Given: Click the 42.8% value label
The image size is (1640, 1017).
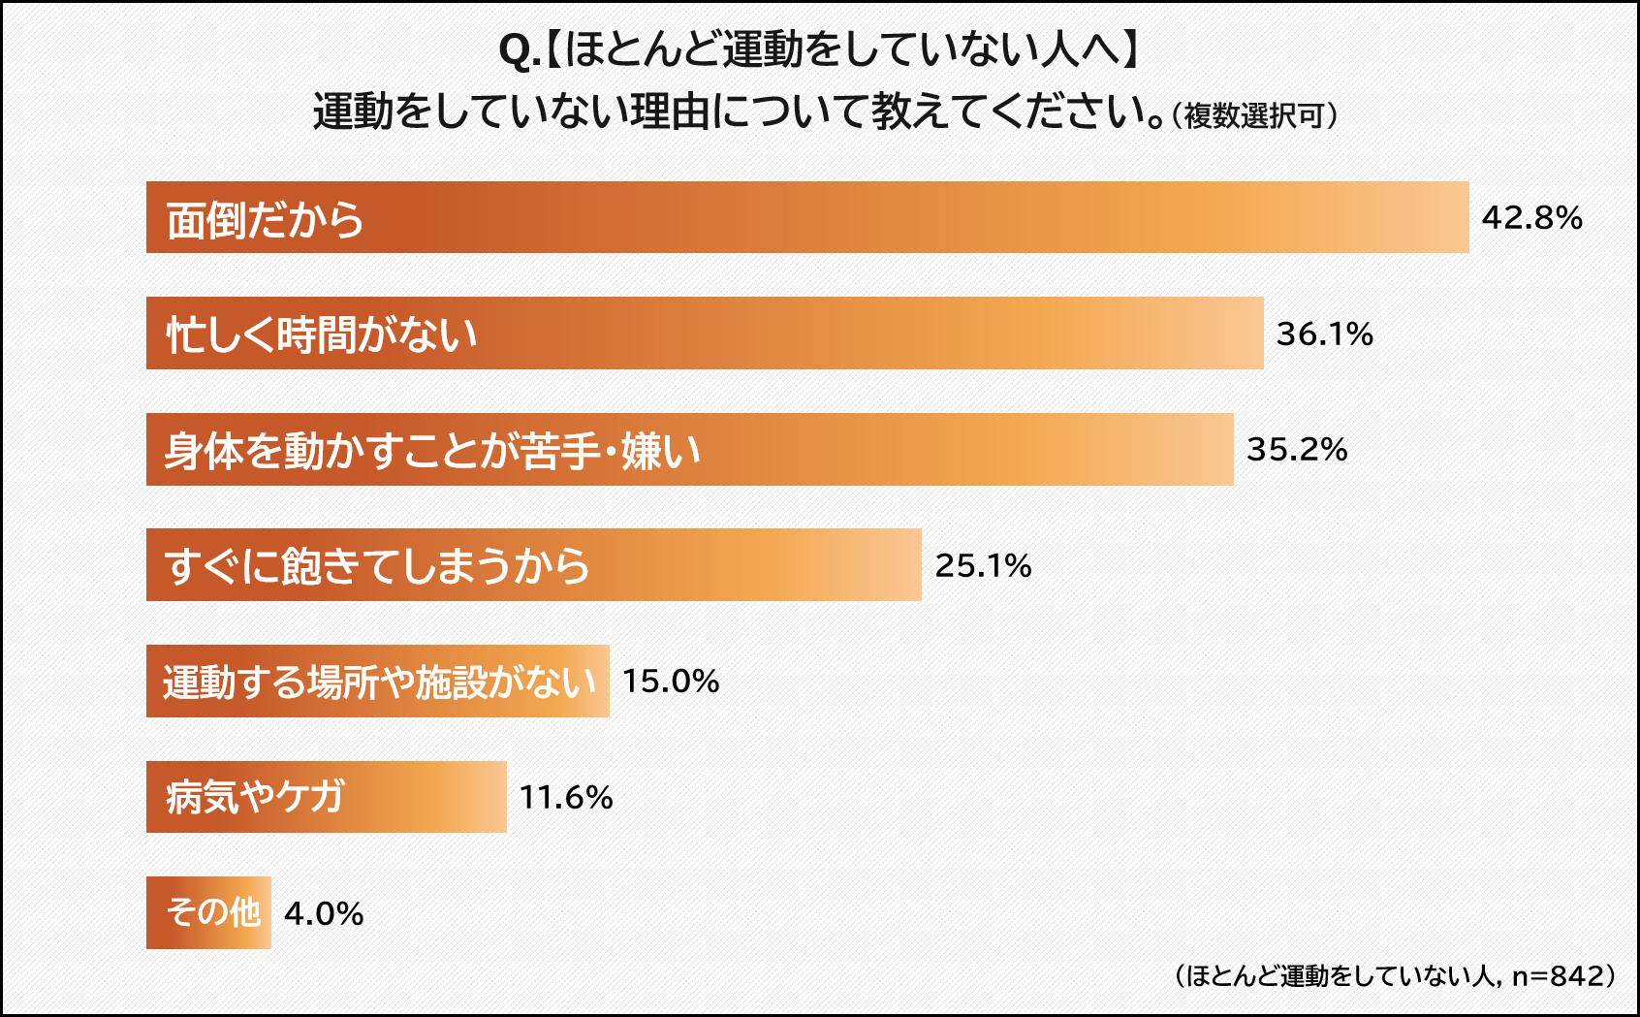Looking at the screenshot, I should (1531, 217).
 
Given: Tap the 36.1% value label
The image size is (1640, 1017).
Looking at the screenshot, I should (1324, 334).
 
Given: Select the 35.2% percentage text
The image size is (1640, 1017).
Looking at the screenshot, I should (1297, 449).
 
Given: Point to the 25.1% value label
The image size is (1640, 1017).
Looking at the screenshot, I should (983, 565).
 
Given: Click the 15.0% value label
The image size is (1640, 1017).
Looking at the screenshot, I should (671, 681).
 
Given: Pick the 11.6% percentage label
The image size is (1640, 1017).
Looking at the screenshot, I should (566, 797).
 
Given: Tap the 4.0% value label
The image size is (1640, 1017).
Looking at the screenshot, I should (324, 913).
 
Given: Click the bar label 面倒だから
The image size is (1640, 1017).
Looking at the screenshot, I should (265, 220).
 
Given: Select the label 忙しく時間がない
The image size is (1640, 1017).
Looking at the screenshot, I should (322, 335).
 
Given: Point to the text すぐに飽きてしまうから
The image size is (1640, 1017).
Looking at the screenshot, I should (377, 566).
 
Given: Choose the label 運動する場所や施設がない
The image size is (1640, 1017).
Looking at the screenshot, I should (379, 683).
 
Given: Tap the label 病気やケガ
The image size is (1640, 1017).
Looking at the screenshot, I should (255, 798).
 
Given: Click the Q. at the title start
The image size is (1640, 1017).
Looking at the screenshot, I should (519, 50).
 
